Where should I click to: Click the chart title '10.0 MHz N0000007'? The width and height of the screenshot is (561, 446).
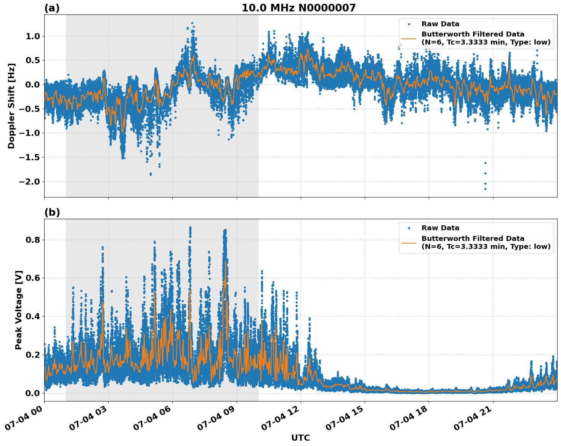(298, 8)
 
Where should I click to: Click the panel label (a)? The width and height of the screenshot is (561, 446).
(52, 8)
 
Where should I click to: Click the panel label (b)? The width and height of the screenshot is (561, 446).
(52, 212)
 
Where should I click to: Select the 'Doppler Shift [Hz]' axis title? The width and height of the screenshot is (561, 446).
(11, 106)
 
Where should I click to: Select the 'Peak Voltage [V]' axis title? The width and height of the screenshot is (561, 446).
(19, 310)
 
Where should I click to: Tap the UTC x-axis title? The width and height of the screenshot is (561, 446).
(300, 438)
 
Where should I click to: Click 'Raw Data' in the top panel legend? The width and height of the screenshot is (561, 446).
(440, 24)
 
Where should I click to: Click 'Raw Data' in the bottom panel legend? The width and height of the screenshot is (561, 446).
(440, 228)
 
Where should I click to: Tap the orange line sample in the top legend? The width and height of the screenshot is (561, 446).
(409, 38)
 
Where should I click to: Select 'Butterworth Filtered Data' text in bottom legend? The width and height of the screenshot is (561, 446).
(473, 239)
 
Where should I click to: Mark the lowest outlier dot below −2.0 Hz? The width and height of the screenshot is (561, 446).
(485, 189)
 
